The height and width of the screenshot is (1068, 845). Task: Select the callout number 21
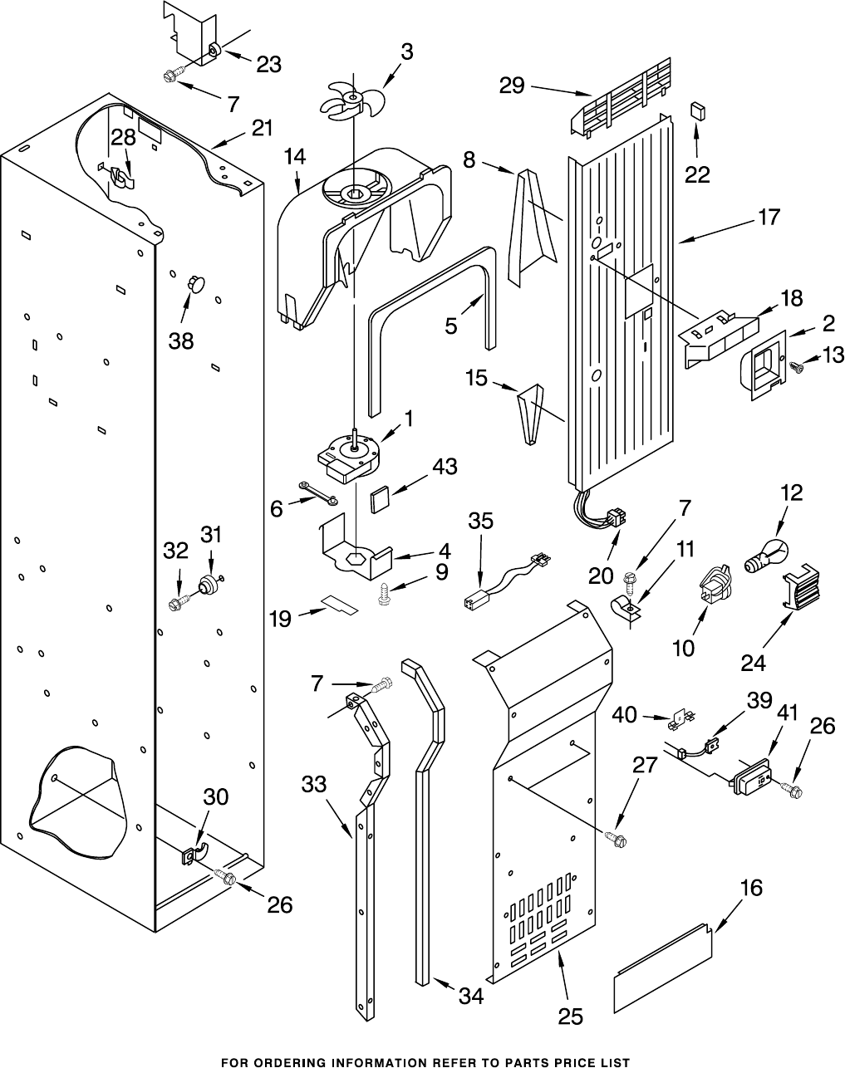[x=262, y=128]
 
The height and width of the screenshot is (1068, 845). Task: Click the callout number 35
[x=480, y=521]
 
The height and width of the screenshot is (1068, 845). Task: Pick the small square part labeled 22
[x=696, y=110]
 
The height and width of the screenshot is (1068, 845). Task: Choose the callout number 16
[x=750, y=888]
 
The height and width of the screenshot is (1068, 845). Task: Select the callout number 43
[x=445, y=467]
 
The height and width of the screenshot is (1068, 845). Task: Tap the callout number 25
[x=571, y=1016]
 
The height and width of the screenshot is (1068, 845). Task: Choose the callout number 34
[x=471, y=996]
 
